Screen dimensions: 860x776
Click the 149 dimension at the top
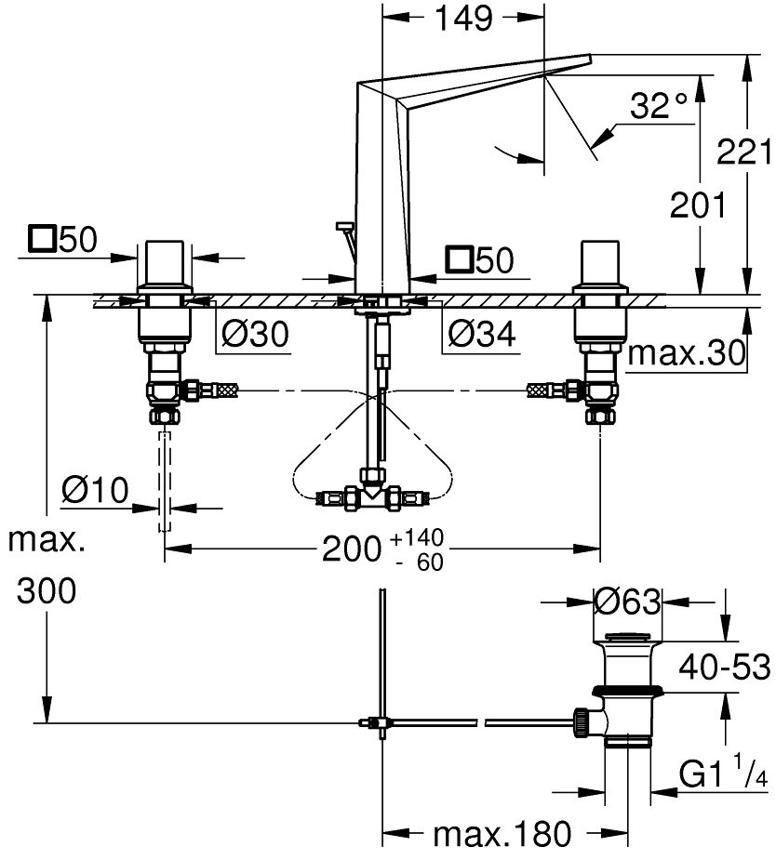pyautogui.click(x=463, y=19)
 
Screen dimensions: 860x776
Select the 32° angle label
pyautogui.click(x=658, y=106)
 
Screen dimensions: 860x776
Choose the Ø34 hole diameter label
pyautogui.click(x=480, y=333)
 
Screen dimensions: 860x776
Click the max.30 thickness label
pyautogui.click(x=686, y=353)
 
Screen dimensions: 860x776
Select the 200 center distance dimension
pyautogui.click(x=351, y=549)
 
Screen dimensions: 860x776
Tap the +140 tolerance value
pyautogui.click(x=418, y=537)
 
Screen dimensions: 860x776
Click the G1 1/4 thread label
pyautogui.click(x=721, y=774)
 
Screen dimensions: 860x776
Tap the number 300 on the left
pyautogui.click(x=47, y=591)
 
